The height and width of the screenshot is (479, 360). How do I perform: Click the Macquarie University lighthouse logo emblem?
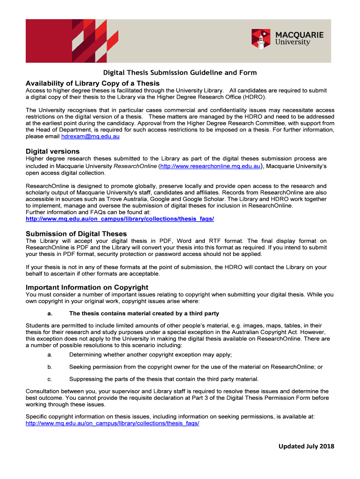(261, 39)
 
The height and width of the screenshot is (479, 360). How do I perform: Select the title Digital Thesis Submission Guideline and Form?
(180, 73)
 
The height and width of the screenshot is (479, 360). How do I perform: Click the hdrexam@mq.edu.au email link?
(90, 137)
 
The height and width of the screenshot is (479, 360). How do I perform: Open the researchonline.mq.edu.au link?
(210, 166)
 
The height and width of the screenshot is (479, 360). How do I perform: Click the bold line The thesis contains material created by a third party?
(144, 313)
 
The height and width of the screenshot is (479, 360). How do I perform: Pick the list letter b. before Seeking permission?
(50, 367)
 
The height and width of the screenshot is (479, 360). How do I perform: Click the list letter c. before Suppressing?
(50, 379)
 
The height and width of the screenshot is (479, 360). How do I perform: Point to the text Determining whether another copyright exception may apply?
(151, 355)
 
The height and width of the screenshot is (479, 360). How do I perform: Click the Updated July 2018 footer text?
(307, 446)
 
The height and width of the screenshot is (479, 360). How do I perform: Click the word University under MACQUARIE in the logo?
(293, 43)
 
